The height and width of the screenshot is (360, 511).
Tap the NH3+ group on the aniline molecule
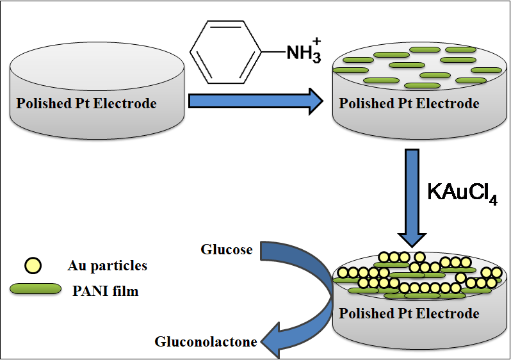pos(303,52)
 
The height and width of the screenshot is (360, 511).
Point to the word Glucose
pos(226,249)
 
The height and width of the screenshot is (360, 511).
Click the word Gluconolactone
pos(206,341)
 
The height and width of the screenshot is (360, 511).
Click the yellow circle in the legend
pos(32,265)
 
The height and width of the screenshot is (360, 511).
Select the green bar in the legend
pos(36,290)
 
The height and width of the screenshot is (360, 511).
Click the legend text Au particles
pos(107,265)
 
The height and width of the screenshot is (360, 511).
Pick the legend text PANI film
pos(107,291)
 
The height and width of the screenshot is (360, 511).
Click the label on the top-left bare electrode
pos(86,103)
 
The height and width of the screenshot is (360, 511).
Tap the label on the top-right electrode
pos(409,103)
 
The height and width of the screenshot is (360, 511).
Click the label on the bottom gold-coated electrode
pos(409,313)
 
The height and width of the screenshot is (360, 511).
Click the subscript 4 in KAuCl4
pos(493,200)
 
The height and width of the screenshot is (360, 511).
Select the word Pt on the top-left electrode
pos(72,103)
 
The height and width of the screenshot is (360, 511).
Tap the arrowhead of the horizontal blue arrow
pos(313,101)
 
